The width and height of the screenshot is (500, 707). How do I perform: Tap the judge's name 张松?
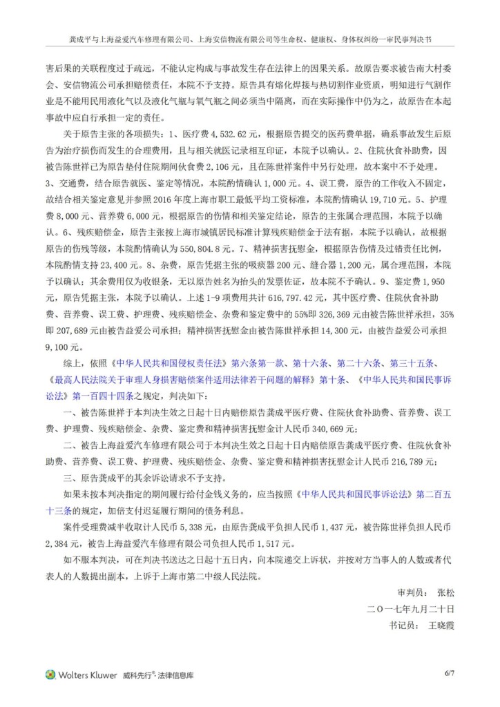point(446,592)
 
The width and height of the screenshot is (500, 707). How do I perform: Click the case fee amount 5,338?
point(200,527)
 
